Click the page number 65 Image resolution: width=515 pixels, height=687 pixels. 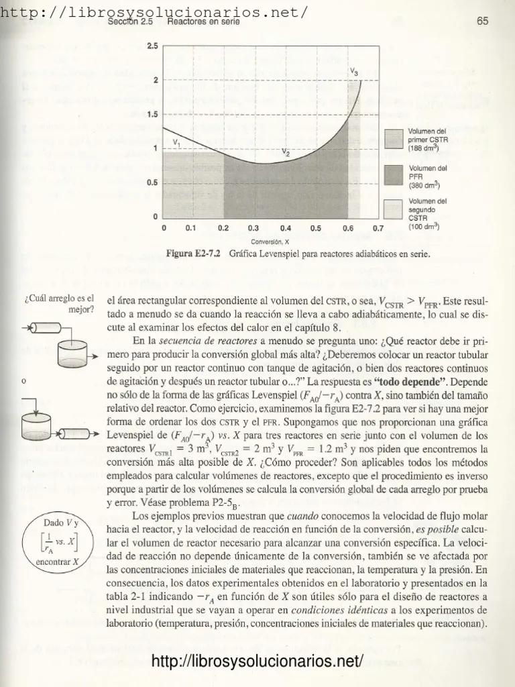(x=482, y=21)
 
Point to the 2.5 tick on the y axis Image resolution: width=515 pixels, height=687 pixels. (x=152, y=46)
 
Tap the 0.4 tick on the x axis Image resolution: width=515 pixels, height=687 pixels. (x=285, y=229)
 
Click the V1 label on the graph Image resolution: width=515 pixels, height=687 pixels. (x=176, y=142)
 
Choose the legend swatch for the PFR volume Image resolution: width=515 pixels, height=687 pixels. (x=391, y=176)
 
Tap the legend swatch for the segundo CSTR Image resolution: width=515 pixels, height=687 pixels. (x=391, y=209)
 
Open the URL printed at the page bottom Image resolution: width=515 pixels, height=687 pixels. (x=257, y=662)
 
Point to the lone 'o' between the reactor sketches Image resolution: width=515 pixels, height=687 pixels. (x=24, y=382)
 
